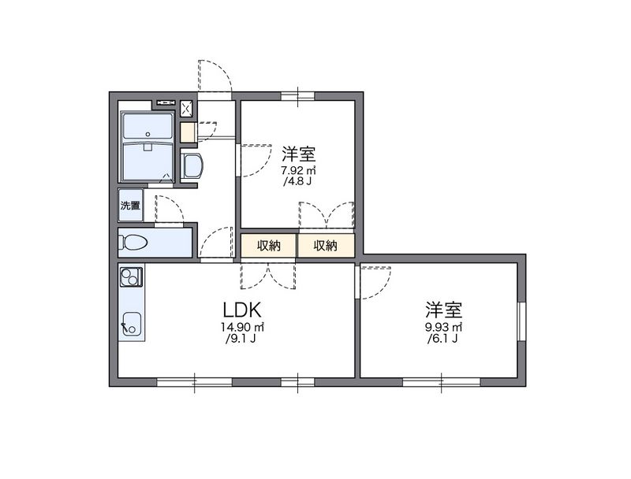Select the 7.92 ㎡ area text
coord(299,170)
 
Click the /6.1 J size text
coord(443,340)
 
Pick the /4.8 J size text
coord(299,182)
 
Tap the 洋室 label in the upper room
coord(299,153)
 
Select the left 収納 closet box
coord(269,246)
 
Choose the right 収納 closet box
coord(326,246)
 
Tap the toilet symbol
coord(135,243)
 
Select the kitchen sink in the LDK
coord(131,323)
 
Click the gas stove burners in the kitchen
coord(130,277)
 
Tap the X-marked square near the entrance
coord(188,109)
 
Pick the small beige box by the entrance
coord(188,132)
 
